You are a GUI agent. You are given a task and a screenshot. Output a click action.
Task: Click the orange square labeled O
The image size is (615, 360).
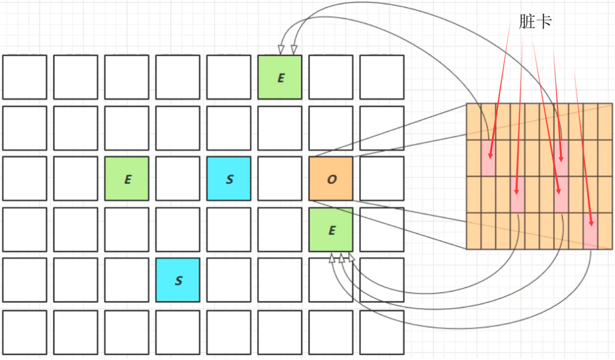331,178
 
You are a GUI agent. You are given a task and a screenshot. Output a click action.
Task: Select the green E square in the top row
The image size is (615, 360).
280,77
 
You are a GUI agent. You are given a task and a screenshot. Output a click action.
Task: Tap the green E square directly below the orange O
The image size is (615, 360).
331,229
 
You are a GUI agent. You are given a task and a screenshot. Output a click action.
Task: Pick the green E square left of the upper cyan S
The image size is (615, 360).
127,178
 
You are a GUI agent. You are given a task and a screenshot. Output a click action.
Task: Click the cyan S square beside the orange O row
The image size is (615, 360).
229,178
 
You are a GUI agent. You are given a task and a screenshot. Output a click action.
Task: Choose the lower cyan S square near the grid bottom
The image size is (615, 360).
178,280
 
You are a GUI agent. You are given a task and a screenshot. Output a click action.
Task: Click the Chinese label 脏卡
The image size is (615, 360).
535,22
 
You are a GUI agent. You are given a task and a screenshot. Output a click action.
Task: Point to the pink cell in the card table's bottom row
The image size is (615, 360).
590,230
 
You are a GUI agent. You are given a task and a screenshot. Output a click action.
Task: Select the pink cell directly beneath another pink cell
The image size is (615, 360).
561,194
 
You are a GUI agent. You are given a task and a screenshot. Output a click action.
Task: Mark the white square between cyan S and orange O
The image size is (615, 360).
280,178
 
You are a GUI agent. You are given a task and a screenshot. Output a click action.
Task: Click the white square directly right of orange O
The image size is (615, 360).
382,178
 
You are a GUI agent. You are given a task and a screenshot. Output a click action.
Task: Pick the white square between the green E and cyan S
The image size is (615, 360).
178,178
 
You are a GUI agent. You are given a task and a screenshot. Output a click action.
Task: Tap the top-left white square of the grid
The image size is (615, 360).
25,77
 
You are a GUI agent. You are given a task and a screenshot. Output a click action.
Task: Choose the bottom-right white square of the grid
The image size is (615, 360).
382,332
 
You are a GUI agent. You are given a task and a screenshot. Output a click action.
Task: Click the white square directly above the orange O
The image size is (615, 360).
331,128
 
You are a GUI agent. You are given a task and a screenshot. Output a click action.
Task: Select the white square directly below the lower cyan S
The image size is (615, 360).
178,332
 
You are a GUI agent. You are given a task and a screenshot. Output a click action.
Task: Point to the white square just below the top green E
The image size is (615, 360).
280,128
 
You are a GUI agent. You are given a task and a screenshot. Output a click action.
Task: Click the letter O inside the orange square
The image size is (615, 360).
331,179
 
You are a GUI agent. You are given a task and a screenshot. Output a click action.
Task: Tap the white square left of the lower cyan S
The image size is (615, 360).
127,280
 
